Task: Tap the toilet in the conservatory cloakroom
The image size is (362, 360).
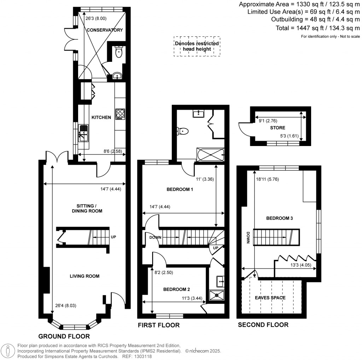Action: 118,53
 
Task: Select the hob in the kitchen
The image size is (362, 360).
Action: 120,114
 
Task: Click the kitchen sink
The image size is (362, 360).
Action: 83,133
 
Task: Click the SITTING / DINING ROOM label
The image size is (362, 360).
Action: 84,208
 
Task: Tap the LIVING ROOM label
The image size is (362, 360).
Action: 84,276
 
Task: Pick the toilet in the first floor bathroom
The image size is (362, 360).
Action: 183,131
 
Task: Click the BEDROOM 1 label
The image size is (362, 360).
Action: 180,190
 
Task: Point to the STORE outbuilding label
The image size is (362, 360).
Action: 278,128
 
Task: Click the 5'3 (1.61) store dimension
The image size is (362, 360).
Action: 288,136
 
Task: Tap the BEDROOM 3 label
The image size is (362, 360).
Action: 279,218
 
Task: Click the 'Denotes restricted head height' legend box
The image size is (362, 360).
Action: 197,46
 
